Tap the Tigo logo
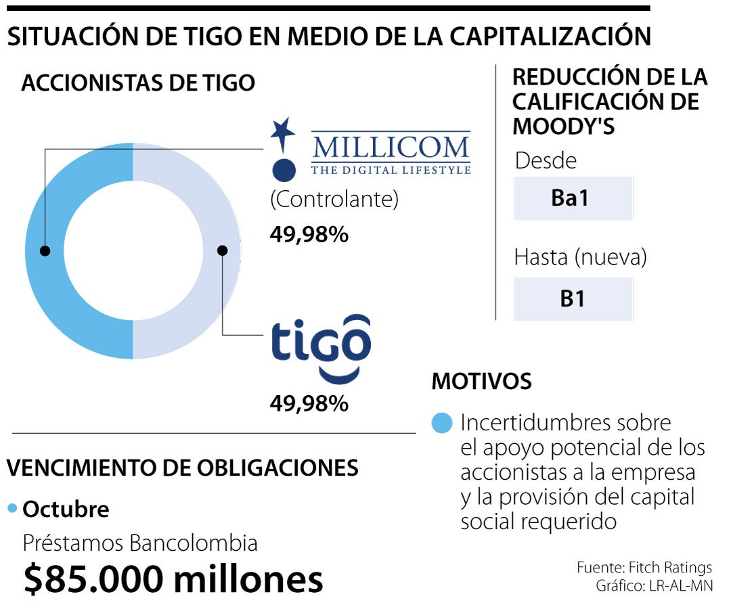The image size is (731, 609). [x=321, y=346]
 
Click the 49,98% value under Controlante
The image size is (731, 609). [x=309, y=235]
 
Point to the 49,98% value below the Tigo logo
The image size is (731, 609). [x=309, y=404]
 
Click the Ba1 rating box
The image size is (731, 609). [x=573, y=199]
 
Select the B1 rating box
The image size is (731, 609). [x=573, y=298]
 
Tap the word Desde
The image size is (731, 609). [x=546, y=161]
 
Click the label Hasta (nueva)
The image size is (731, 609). [x=580, y=258]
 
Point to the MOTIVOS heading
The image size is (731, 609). [x=481, y=381]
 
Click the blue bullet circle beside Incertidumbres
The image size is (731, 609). [x=441, y=424]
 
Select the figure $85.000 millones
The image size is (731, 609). [x=173, y=580]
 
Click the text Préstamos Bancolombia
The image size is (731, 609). [x=141, y=543]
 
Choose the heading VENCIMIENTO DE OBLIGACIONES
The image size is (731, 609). [x=182, y=468]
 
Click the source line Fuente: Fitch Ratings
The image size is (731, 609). [x=644, y=567]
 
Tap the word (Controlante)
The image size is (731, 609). [x=334, y=200]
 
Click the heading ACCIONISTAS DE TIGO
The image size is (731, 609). [x=138, y=83]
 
